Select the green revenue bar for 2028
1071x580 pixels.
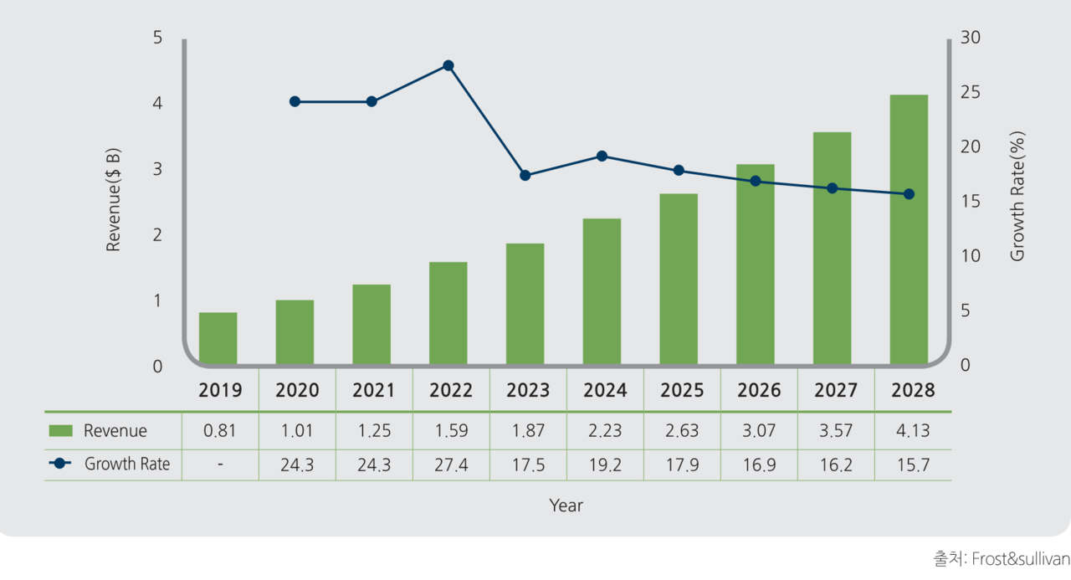coord(909,230)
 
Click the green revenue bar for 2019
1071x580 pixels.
coord(218,339)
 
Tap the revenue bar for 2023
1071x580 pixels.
coord(525,305)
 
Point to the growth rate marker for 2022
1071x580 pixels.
coord(448,65)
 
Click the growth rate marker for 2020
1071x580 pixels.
coord(295,101)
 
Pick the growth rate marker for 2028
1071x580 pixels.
coord(909,194)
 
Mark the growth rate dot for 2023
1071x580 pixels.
coord(525,176)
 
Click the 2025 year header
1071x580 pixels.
coord(682,391)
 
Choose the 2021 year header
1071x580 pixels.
coord(374,391)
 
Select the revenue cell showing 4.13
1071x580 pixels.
coord(913,431)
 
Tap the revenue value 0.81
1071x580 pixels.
coord(220,431)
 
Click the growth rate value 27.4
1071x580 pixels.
coord(451,465)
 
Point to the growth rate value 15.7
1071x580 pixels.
coord(913,465)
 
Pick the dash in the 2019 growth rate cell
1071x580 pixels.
coord(220,465)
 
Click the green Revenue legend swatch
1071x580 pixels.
coord(61,431)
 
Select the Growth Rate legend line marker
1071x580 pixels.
coord(61,464)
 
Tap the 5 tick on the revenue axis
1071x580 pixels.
coord(157,38)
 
